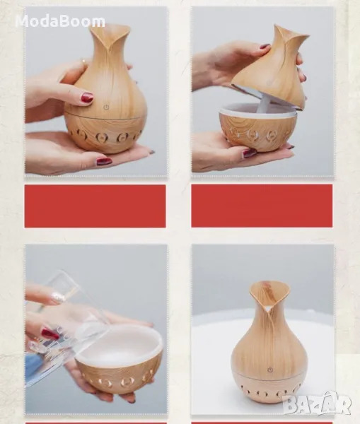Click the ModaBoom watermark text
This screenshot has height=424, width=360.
(60, 21)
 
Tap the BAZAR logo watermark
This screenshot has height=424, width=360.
(316, 404)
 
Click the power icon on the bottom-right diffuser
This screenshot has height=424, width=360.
(270, 370)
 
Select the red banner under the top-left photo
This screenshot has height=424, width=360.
(95, 206)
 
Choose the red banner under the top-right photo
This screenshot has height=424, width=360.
(262, 206)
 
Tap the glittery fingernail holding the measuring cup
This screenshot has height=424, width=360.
(58, 298)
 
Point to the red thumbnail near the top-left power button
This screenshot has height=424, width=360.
(88, 98)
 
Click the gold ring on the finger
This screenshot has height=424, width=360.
(84, 61)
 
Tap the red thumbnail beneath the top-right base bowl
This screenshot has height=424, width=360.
(249, 153)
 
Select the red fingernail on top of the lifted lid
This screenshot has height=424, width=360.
(265, 47)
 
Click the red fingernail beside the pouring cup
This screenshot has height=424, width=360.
(50, 334)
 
